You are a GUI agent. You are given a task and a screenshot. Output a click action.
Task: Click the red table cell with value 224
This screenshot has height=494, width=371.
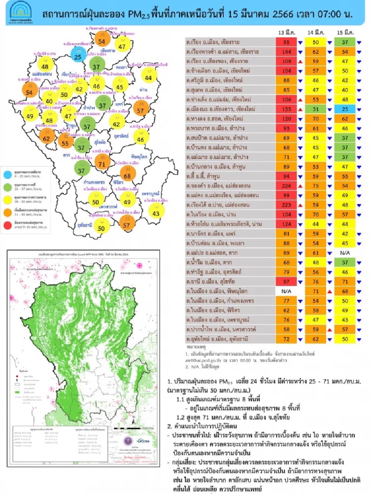[x=286, y=186]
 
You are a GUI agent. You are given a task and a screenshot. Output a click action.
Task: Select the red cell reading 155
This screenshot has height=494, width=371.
[x=286, y=109]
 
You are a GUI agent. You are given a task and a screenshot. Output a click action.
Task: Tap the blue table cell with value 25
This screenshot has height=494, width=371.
[x=345, y=109]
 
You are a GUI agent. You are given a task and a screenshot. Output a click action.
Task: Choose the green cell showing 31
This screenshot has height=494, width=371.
[x=316, y=109]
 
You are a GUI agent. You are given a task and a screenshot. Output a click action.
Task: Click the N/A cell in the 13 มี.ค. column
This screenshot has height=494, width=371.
[x=286, y=291]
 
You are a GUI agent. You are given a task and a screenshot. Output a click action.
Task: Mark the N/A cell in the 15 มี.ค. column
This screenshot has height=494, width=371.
[x=345, y=253]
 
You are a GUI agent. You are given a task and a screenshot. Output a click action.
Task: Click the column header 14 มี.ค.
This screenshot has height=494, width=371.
[x=316, y=32]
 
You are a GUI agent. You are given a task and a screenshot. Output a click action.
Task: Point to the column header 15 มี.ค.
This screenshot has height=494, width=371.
[x=345, y=32]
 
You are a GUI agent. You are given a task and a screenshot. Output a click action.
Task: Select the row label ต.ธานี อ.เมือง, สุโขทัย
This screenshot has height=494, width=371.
[x=210, y=281]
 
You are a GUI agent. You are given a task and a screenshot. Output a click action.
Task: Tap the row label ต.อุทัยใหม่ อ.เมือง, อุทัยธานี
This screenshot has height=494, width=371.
[x=217, y=339]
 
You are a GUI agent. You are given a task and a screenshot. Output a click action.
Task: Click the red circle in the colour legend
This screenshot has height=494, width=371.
[x=8, y=225]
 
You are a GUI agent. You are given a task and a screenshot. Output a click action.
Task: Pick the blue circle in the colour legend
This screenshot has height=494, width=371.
[x=8, y=174]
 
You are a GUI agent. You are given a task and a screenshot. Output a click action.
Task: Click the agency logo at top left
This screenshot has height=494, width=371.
[x=22, y=12]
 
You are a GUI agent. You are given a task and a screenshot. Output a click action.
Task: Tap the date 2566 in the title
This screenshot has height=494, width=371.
[x=283, y=14]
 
